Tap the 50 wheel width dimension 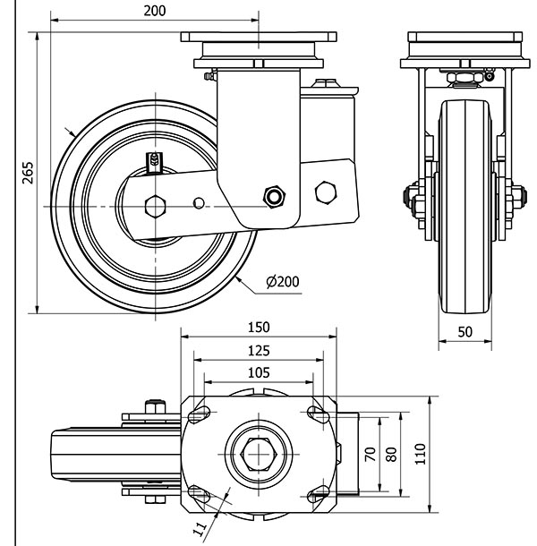click(x=465, y=331)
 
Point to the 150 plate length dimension click(x=259, y=328)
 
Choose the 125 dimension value click(x=259, y=350)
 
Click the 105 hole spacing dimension click(x=259, y=372)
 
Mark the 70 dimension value click(x=369, y=454)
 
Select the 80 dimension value click(x=390, y=454)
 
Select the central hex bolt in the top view click(x=260, y=453)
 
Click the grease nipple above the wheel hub click(x=155, y=161)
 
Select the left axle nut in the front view click(x=414, y=198)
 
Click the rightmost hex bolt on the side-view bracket click(x=327, y=191)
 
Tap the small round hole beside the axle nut click(x=199, y=203)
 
